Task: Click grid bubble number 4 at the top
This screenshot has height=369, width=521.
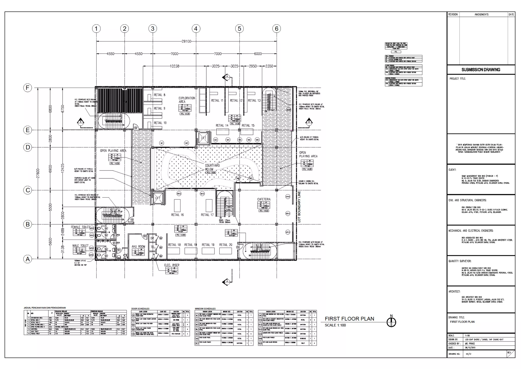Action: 196,29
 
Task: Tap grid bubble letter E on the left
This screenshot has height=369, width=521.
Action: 27,130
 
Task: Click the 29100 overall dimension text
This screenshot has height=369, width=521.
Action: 186,41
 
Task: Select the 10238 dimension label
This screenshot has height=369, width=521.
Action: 174,66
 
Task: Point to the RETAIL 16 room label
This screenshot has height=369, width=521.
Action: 177,215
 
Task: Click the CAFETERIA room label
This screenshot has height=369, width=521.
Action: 264,199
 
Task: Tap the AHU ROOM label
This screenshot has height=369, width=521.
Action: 138,247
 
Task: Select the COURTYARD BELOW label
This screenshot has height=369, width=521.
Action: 212,167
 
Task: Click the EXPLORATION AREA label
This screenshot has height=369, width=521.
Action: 187,100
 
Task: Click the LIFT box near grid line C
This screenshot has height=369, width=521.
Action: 158,198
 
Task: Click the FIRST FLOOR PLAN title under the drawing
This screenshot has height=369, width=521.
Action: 349,319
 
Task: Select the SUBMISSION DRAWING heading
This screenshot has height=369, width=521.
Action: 481,70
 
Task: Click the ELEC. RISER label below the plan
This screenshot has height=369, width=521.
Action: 172,265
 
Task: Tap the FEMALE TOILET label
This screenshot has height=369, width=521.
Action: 80,227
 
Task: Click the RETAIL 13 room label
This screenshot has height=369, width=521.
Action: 254,100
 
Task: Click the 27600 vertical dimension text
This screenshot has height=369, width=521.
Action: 38,173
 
